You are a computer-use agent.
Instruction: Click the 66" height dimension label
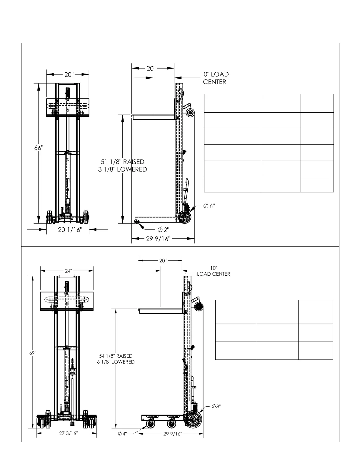point(39,148)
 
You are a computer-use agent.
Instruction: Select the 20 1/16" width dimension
point(70,230)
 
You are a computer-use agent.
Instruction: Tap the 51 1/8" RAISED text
point(122,162)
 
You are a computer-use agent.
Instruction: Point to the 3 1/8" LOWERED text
point(122,169)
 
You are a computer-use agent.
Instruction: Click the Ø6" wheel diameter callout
point(209,206)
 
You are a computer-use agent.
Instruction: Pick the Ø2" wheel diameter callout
point(164,230)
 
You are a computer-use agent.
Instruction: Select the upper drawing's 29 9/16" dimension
point(158,239)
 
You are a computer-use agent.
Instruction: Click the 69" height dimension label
point(33,353)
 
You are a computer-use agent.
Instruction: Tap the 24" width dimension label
point(68,271)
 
